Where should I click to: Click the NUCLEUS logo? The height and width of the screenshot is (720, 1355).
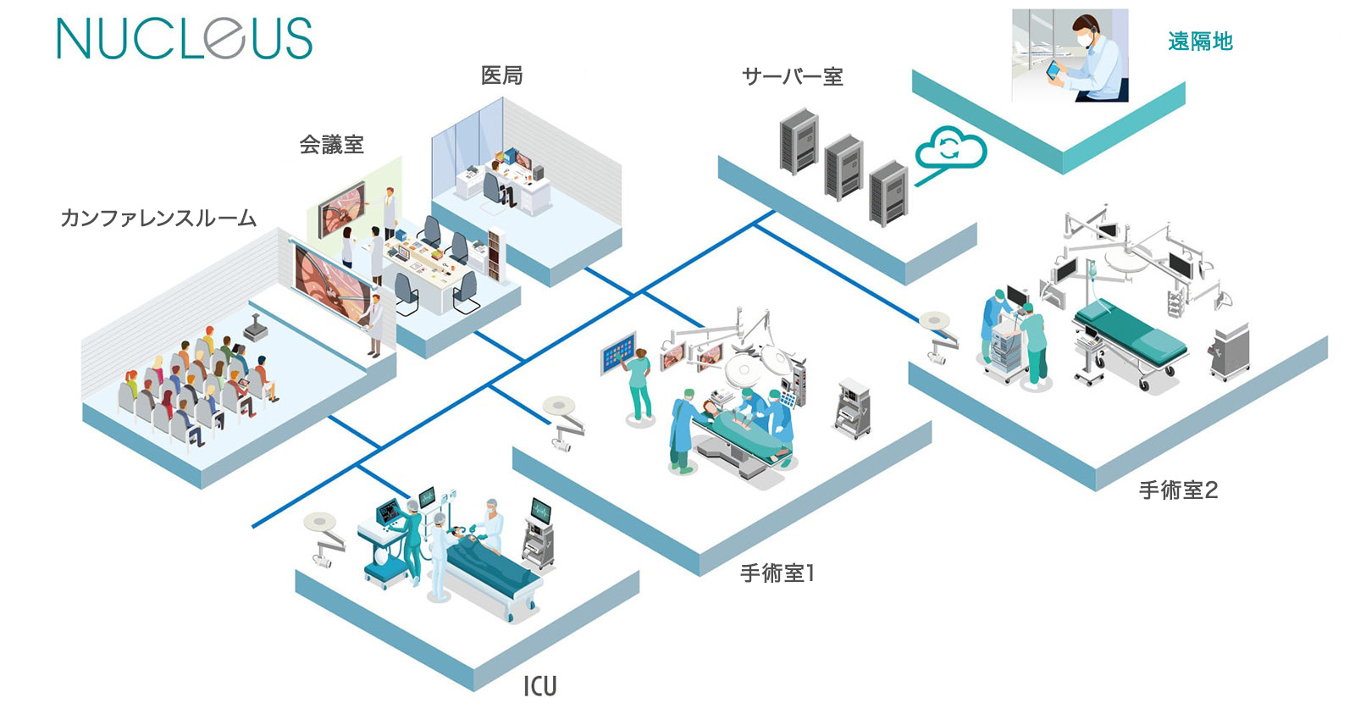point(184,39)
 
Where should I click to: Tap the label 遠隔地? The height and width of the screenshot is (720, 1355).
point(1200,41)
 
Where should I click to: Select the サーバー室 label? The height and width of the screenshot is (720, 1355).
point(792,77)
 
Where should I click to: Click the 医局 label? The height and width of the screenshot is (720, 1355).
point(501,75)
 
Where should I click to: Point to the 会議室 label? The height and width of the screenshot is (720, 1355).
point(331,145)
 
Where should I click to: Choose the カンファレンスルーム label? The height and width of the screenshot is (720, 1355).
point(158,219)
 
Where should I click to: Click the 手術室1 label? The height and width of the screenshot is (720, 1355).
point(777,573)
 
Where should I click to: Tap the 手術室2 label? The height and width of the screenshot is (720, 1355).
point(1178,490)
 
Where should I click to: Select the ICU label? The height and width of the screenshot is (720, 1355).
point(539,685)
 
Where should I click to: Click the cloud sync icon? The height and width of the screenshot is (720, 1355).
point(950,150)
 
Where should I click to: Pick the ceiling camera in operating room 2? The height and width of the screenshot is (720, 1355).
point(937,335)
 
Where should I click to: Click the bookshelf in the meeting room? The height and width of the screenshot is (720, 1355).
point(495,254)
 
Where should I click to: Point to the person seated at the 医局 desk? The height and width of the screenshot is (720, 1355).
point(495,182)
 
